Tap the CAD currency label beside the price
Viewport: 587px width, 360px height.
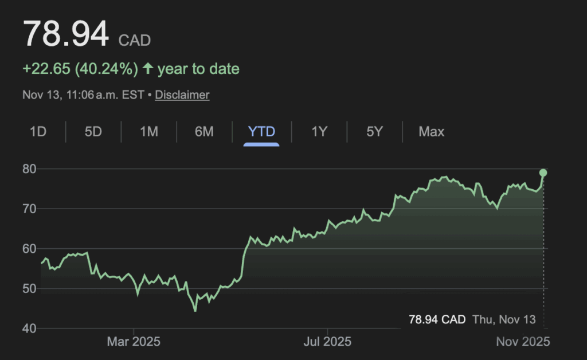(135, 41)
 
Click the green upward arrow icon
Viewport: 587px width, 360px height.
(148, 69)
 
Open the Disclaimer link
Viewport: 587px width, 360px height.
(182, 95)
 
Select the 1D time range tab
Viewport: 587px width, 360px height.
(38, 132)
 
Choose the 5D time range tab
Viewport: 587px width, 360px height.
(93, 132)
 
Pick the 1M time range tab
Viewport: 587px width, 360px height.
(148, 132)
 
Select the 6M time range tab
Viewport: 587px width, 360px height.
(204, 132)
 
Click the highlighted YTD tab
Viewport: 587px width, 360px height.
(261, 132)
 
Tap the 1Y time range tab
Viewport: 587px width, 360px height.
(319, 132)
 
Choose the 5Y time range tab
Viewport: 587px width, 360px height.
(374, 132)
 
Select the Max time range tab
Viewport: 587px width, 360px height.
(431, 132)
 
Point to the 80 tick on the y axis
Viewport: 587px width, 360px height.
(29, 169)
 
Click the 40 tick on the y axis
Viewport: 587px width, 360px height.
(29, 328)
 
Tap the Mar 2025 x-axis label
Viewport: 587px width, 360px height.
(134, 342)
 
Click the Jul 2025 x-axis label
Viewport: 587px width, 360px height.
(327, 342)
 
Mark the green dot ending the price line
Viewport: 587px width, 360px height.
(543, 173)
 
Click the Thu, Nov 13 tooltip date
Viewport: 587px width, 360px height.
(504, 319)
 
